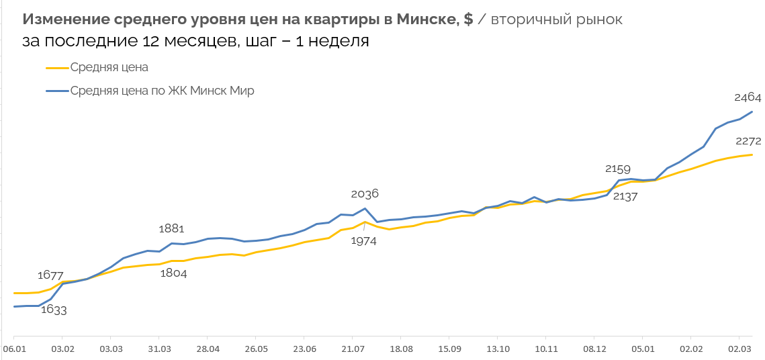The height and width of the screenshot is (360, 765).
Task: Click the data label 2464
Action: pos(748,97)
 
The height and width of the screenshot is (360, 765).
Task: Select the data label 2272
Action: pos(748,141)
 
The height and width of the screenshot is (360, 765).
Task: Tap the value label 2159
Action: pos(618,169)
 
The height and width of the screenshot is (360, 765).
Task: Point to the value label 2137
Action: pos(624,196)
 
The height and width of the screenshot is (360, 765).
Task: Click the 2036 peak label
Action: pos(365,194)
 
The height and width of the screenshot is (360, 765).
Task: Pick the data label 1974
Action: pos(363,240)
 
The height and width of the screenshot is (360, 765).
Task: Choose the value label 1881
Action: pos(171,228)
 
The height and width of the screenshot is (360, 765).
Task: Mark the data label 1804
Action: pos(173,273)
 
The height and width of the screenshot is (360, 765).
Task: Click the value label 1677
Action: pos(50,275)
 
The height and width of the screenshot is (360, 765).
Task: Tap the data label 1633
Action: pos(54,310)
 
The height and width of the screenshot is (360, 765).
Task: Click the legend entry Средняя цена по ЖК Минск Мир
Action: pos(162,91)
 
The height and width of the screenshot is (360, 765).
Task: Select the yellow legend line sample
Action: pos(57,67)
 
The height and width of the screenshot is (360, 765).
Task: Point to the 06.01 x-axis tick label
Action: pos(14,349)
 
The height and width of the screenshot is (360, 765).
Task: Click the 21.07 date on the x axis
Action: pos(353,349)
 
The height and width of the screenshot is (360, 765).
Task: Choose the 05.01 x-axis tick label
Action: pos(643,349)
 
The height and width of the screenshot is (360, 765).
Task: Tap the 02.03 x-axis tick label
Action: pos(739,349)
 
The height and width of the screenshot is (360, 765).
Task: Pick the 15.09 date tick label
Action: pos(449,349)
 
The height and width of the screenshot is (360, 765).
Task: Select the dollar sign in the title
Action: pos(469,19)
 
